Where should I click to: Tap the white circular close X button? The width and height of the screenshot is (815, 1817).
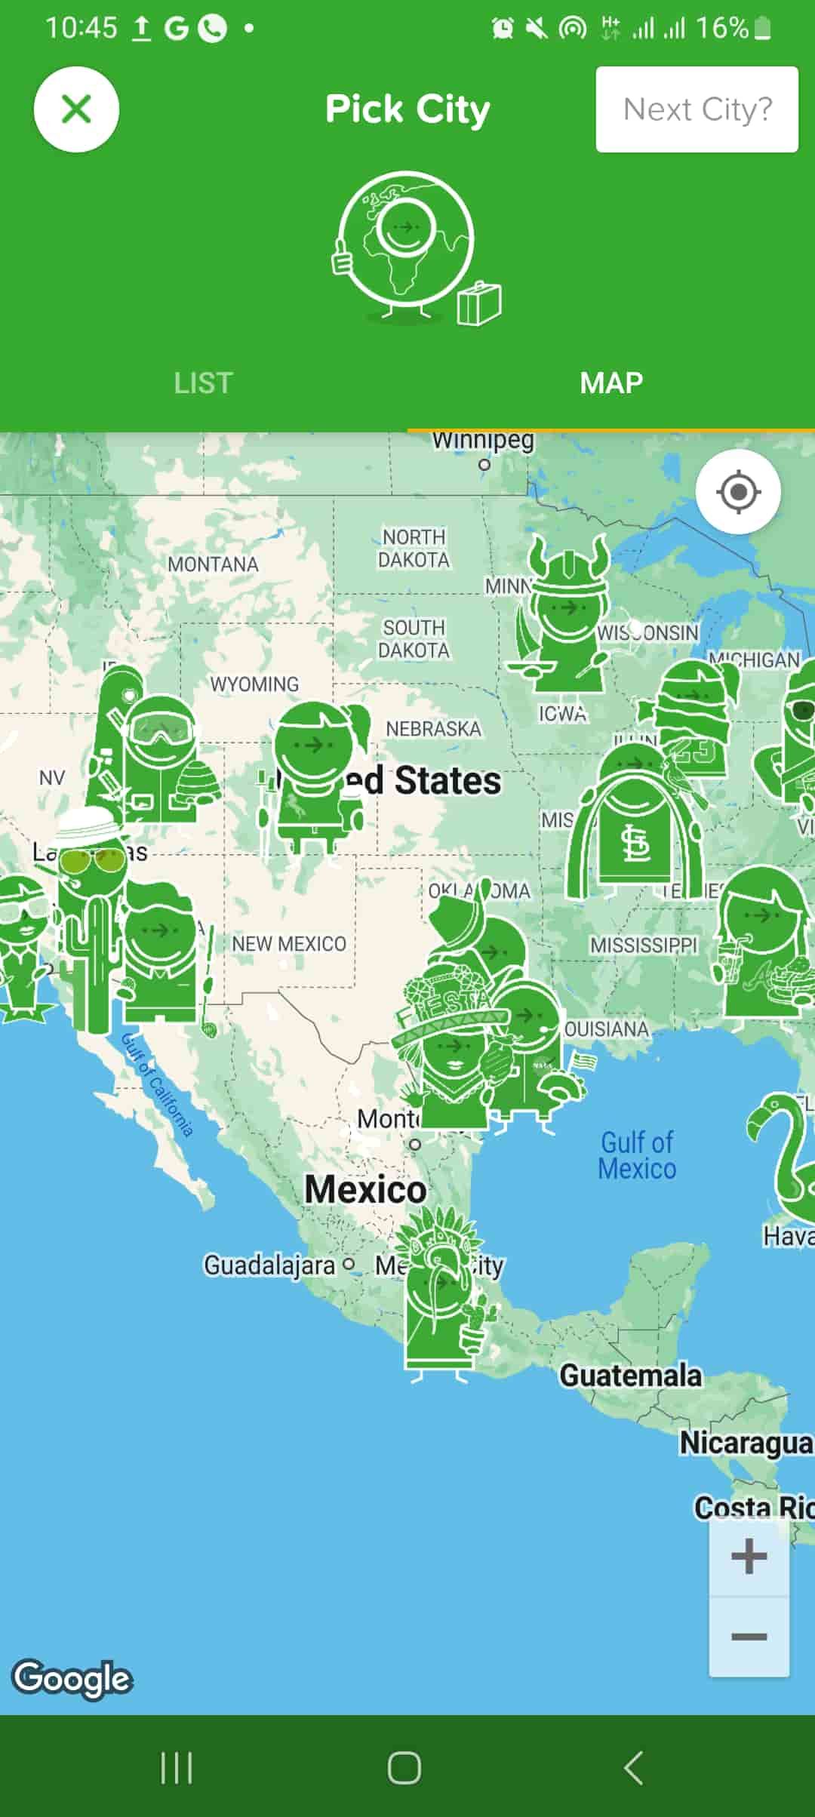click(76, 109)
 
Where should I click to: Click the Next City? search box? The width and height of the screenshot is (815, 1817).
click(697, 109)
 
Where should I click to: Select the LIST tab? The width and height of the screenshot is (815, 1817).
click(203, 383)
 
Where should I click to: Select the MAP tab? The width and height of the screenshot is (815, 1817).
click(611, 383)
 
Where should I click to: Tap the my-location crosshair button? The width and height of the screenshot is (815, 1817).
click(737, 492)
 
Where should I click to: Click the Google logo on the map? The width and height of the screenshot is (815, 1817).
click(72, 1679)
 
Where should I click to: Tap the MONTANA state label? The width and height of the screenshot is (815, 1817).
click(213, 564)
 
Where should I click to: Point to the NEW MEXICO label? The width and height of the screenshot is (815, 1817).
click(289, 943)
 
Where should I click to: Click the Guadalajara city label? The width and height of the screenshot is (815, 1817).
click(269, 1265)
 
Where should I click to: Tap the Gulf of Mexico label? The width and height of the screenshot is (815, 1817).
click(637, 1155)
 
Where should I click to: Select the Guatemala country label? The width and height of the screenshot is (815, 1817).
click(630, 1376)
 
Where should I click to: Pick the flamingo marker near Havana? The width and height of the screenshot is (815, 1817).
click(785, 1154)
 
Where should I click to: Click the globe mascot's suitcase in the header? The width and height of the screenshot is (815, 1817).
click(479, 303)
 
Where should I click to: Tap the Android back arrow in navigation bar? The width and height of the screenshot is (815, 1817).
click(633, 1768)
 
